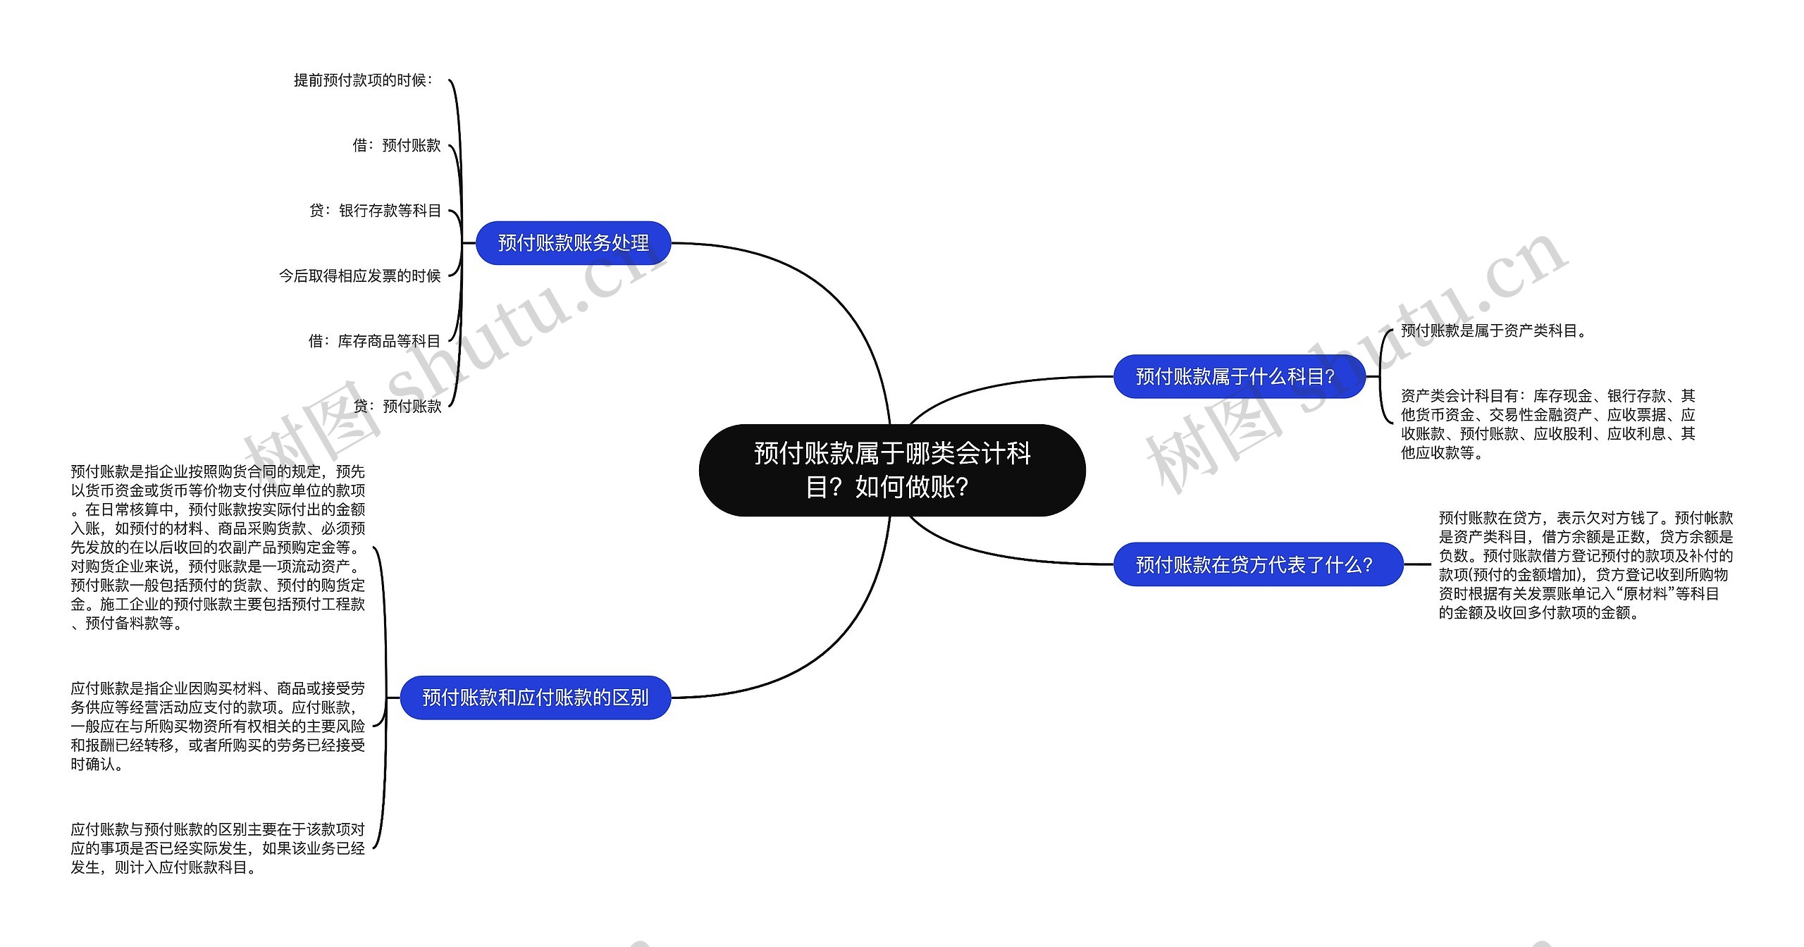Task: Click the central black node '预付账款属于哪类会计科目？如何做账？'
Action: pyautogui.click(x=891, y=470)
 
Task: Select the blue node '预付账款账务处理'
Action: pyautogui.click(x=573, y=243)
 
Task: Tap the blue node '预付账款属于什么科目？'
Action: pyautogui.click(x=1239, y=377)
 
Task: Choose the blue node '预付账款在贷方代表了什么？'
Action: pyautogui.click(x=1258, y=564)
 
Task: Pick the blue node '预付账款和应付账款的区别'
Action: pyautogui.click(x=535, y=698)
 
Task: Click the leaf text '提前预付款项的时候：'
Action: pyautogui.click(x=364, y=80)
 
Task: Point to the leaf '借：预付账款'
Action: pyautogui.click(x=397, y=145)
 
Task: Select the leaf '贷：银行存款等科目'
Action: pyautogui.click(x=376, y=211)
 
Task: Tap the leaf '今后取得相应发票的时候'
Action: pyautogui.click(x=359, y=276)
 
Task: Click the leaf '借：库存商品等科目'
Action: pyautogui.click(x=374, y=341)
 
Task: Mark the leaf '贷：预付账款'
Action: pyautogui.click(x=397, y=406)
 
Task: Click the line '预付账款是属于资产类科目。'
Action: pyautogui.click(x=1493, y=330)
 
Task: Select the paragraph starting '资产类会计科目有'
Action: pyautogui.click(x=1547, y=424)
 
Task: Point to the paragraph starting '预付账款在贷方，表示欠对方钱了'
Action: pyautogui.click(x=1586, y=565)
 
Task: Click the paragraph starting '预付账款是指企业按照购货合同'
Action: pyautogui.click(x=218, y=547)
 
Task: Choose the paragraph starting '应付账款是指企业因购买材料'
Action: pyautogui.click(x=218, y=726)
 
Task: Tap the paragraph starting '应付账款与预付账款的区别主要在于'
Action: pyautogui.click(x=218, y=848)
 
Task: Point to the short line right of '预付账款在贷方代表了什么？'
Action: pyautogui.click(x=1417, y=564)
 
